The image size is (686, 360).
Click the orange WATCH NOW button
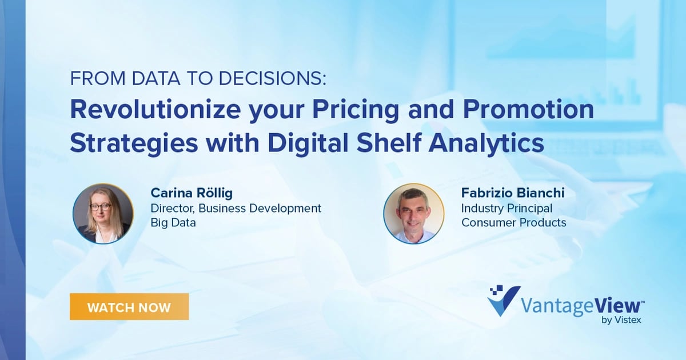coord(129,307)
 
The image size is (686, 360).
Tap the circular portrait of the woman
coord(103,214)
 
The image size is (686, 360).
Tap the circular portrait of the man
coord(413,214)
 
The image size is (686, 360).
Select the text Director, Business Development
coord(236,208)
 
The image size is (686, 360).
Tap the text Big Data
coord(173,223)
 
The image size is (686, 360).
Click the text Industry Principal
coord(506,208)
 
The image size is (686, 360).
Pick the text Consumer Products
coord(513,223)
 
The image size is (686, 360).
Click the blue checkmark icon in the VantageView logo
coord(504,301)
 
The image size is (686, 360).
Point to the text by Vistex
coord(621,321)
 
